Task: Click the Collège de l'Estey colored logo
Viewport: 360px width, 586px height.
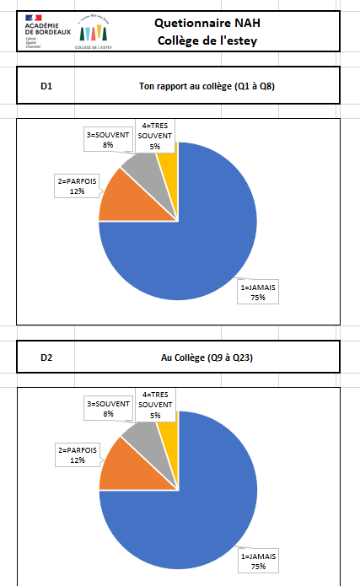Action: (x=94, y=30)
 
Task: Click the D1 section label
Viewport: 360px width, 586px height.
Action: (x=47, y=85)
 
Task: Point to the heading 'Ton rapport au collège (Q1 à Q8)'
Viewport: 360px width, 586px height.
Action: (x=207, y=85)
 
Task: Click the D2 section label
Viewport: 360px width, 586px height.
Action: (x=47, y=358)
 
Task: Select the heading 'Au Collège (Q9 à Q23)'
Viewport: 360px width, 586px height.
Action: (x=207, y=358)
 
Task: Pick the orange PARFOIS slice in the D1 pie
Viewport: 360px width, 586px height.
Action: (x=118, y=197)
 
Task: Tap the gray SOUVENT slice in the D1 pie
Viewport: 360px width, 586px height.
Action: (x=141, y=165)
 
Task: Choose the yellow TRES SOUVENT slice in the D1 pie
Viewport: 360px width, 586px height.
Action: (x=167, y=154)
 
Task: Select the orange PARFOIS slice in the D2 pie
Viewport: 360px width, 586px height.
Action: (x=118, y=467)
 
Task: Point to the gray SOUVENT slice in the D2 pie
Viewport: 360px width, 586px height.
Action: (x=141, y=435)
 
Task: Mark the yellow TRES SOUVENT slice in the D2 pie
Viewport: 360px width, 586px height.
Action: (x=167, y=424)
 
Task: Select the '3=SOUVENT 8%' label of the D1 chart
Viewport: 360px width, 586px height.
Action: (x=108, y=139)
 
